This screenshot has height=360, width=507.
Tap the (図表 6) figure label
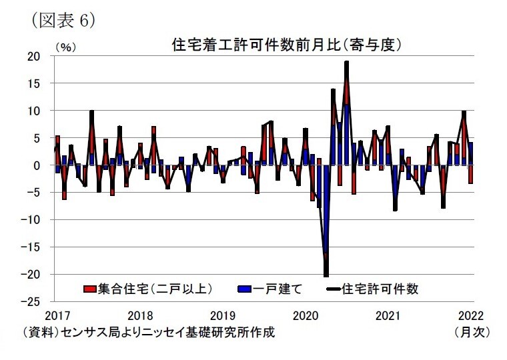(x=63, y=20)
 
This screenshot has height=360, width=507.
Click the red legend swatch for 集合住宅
(x=89, y=289)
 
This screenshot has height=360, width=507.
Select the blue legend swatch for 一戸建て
(x=244, y=289)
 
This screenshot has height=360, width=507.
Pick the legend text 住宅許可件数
(x=380, y=289)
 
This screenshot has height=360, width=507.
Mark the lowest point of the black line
(x=326, y=275)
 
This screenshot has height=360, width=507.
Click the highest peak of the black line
(x=347, y=62)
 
